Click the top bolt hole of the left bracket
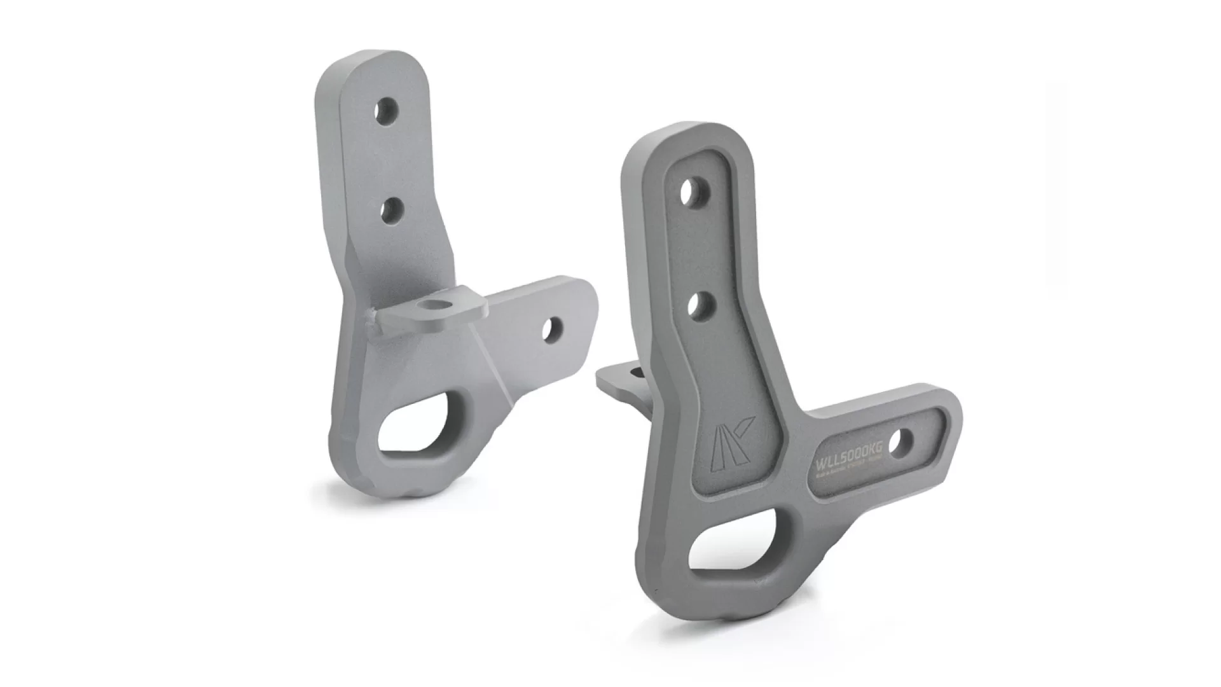point(384,111)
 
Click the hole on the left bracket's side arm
point(551,328)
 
